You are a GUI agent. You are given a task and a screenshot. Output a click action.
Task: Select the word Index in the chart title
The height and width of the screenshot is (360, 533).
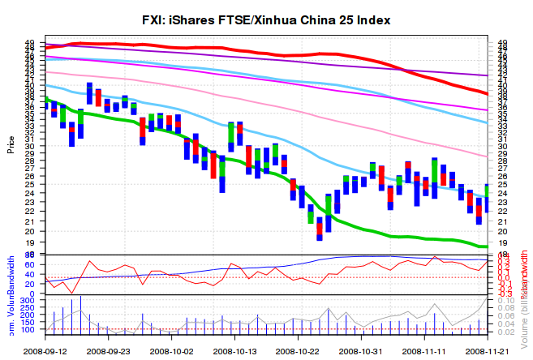click(x=371, y=20)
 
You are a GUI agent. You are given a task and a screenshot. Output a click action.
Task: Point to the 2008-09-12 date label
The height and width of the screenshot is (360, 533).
click(x=45, y=352)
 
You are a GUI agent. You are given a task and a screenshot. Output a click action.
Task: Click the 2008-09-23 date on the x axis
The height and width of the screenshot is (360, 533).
click(x=109, y=352)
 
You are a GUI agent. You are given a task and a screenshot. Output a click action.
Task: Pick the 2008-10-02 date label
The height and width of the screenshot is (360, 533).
click(x=171, y=352)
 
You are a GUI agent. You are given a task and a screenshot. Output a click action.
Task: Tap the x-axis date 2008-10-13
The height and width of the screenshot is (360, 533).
click(x=234, y=352)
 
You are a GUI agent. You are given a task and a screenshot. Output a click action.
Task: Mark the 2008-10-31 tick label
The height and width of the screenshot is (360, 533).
click(x=360, y=352)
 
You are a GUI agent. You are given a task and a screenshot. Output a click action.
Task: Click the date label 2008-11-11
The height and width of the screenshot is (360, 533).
click(x=424, y=352)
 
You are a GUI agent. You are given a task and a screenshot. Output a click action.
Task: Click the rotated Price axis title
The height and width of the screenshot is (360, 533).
click(x=11, y=146)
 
